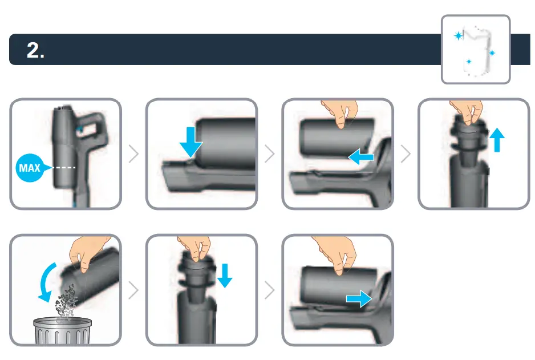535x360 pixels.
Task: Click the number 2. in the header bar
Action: (x=36, y=50)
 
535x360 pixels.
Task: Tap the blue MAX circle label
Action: (x=30, y=168)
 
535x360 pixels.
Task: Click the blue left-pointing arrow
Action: (x=361, y=157)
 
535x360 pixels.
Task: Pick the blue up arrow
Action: (x=498, y=139)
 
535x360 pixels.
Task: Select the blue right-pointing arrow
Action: (x=358, y=300)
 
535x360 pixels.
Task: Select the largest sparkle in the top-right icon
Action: (x=459, y=36)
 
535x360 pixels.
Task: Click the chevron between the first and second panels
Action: (x=134, y=154)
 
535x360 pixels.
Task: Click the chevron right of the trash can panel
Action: (x=134, y=290)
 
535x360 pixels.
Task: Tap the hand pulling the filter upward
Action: (x=467, y=112)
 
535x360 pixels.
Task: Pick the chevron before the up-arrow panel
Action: (x=406, y=154)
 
